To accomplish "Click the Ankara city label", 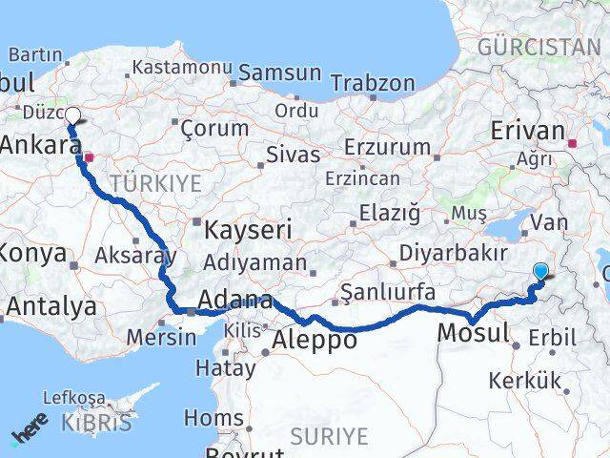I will click(39, 146).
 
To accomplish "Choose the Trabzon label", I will click(373, 84).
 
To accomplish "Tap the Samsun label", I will click(279, 73).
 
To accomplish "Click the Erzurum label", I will click(387, 147).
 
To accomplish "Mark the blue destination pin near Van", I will click(540, 271).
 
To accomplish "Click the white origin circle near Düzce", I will click(72, 115).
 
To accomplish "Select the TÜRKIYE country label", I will click(156, 182).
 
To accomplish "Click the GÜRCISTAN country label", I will click(539, 47).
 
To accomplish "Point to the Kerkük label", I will click(524, 381).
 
